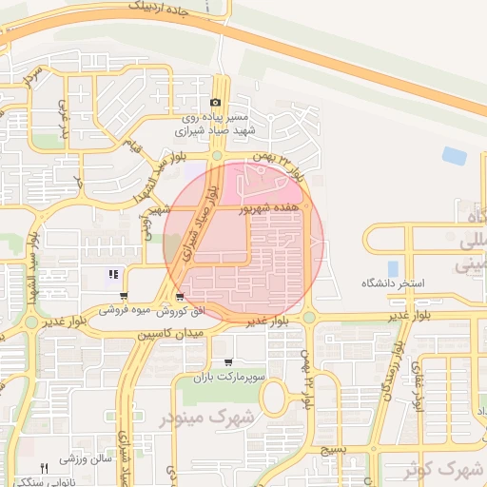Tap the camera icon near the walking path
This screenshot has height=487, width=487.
(x=215, y=103)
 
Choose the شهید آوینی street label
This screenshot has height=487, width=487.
(x=153, y=221)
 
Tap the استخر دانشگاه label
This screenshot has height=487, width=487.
(x=392, y=284)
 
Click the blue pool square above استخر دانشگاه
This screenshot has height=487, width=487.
(x=393, y=268)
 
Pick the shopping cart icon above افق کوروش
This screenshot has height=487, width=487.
(x=179, y=298)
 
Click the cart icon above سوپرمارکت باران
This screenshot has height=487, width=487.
(x=228, y=362)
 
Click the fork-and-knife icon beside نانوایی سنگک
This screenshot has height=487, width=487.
(x=44, y=468)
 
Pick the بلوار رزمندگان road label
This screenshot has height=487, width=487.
(x=386, y=380)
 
